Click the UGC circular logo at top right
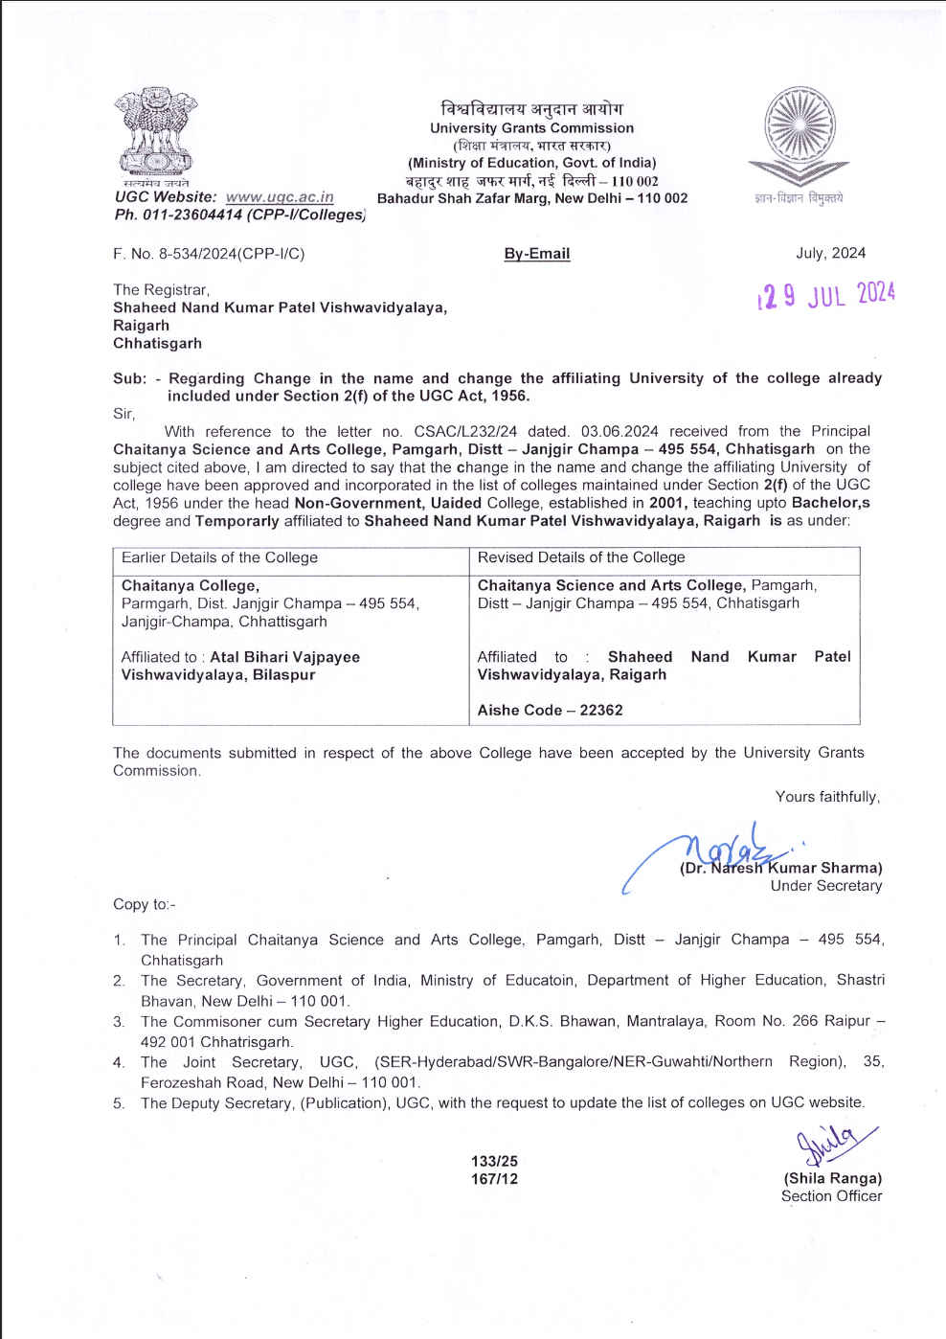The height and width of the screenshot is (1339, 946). tap(800, 134)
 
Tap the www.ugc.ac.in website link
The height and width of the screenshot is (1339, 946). tap(280, 197)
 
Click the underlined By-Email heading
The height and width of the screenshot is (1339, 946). tap(537, 254)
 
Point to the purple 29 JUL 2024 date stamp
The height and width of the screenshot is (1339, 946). tap(826, 294)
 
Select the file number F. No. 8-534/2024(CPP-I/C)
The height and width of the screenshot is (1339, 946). tap(209, 254)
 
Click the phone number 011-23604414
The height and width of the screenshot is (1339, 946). tap(192, 215)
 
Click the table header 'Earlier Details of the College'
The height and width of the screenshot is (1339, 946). tap(219, 557)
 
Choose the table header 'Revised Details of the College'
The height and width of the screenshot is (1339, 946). tap(581, 557)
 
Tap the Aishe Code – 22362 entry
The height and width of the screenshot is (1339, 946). tap(551, 710)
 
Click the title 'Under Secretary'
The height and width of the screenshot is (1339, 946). tap(826, 886)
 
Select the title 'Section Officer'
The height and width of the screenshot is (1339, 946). tap(831, 1196)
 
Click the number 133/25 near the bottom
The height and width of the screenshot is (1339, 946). tap(494, 1161)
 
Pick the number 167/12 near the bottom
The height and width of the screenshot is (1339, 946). tap(494, 1179)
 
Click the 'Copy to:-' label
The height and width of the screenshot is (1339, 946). tap(145, 904)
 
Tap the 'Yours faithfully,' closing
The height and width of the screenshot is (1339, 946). tap(827, 797)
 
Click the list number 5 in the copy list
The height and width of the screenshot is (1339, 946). tap(119, 1103)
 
